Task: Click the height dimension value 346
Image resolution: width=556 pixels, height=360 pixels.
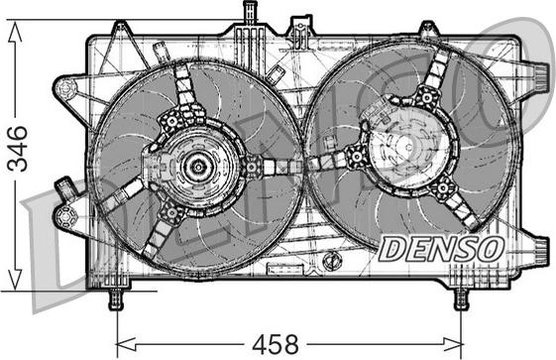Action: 18,148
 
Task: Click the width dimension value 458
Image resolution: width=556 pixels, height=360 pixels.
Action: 276,344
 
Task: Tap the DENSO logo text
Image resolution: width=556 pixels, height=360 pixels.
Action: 441,249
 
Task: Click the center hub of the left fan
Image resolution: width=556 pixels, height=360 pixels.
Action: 197,167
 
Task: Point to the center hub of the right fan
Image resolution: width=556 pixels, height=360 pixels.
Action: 407,147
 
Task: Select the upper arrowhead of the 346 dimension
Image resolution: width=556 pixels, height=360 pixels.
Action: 15,31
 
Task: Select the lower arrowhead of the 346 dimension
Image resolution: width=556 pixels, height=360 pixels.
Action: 15,280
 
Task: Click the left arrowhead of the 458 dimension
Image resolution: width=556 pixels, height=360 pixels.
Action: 126,344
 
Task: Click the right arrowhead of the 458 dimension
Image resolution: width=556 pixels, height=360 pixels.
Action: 453,344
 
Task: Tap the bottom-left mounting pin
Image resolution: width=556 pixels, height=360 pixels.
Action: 116,299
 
